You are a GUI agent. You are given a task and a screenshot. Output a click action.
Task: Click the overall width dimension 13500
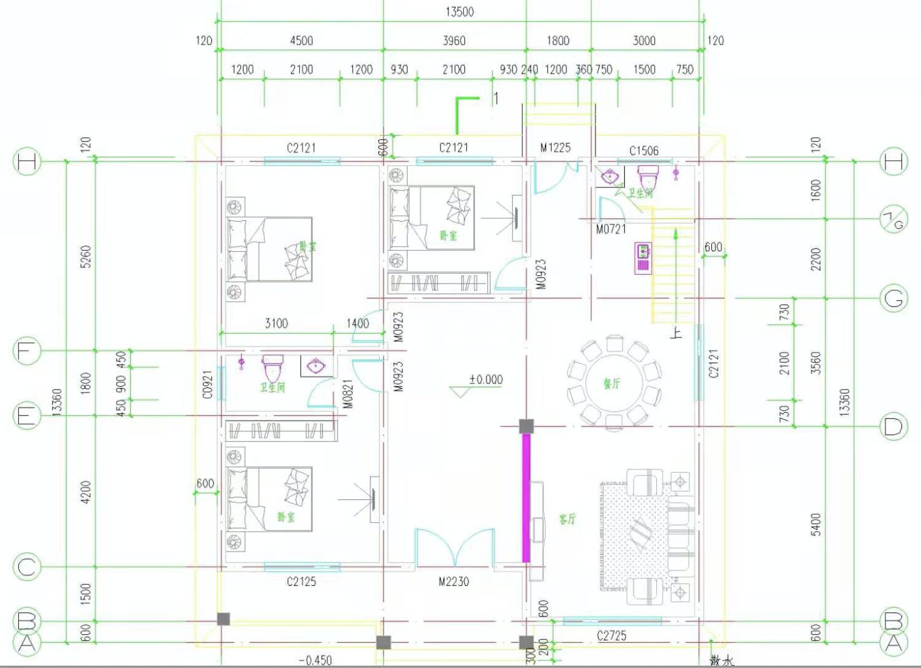tap(459, 12)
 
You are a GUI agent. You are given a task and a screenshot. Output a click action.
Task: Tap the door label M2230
tap(454, 582)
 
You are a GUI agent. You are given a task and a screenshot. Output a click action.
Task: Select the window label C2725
tap(612, 636)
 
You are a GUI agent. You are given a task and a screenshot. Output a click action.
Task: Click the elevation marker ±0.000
tap(486, 379)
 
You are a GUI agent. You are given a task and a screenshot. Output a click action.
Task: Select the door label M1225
tap(555, 148)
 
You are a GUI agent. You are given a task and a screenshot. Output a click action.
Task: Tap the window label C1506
tap(644, 151)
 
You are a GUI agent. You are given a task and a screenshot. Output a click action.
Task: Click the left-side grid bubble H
tap(26, 162)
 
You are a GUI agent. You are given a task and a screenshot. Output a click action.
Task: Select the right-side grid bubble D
tap(893, 427)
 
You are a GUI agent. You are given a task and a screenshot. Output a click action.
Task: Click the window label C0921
tap(208, 384)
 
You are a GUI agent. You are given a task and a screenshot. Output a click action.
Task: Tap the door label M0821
tap(349, 395)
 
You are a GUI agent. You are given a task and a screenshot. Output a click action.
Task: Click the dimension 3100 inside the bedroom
tap(276, 324)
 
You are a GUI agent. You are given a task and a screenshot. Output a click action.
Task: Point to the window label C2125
tap(301, 582)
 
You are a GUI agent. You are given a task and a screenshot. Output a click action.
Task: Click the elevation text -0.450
tap(315, 661)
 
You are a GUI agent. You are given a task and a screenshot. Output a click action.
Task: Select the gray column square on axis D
tap(526, 426)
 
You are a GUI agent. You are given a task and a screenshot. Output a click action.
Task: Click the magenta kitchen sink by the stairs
tap(643, 258)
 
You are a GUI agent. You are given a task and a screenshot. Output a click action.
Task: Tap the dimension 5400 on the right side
tap(816, 525)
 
